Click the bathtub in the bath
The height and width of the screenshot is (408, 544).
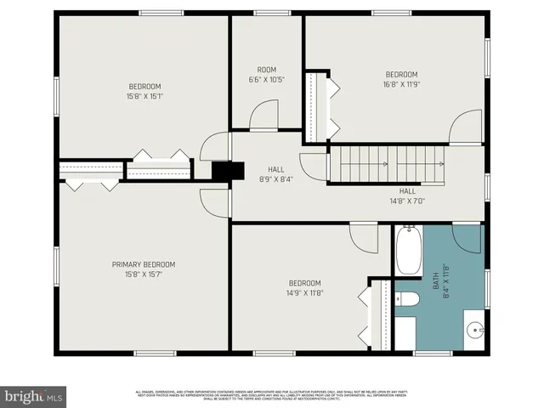click(x=408, y=250)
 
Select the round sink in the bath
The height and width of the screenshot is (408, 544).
click(x=473, y=329)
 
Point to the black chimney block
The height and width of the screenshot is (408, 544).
click(x=221, y=171)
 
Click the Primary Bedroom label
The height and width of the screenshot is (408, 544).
click(x=144, y=263)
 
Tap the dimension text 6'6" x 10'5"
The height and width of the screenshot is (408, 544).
click(x=267, y=80)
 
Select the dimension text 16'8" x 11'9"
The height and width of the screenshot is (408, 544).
click(x=401, y=84)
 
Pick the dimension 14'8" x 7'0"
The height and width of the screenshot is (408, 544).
click(x=407, y=201)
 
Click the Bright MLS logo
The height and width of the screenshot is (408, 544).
click(x=34, y=395)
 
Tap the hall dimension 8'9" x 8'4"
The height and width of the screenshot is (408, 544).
click(x=275, y=178)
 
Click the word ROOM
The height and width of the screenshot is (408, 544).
click(x=267, y=70)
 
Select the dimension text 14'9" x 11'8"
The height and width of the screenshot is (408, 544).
click(x=304, y=293)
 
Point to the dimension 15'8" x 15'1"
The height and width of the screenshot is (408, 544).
click(x=144, y=97)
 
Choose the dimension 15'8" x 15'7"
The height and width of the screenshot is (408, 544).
click(x=144, y=274)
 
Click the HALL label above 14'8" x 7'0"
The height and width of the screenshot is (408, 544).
click(x=407, y=191)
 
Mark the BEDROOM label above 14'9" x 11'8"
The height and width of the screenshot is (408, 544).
click(x=304, y=283)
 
